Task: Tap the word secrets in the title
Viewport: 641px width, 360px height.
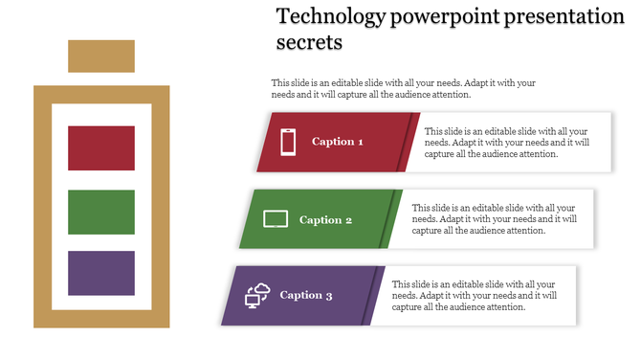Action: tap(309, 43)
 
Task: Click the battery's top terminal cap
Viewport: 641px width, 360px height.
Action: tap(101, 56)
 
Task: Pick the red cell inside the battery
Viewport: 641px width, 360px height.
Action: tap(101, 147)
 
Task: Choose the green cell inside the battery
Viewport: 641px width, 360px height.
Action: tap(101, 212)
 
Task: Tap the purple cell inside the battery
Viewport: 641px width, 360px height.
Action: tap(101, 273)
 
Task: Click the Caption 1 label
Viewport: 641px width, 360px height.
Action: tap(338, 142)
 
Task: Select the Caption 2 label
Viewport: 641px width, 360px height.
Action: tap(325, 220)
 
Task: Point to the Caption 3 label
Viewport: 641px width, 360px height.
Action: tap(306, 296)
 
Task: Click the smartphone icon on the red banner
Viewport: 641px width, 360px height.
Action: tap(288, 142)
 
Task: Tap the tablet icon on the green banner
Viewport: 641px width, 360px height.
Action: tap(276, 219)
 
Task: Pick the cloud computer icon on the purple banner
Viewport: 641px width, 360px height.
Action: tap(257, 296)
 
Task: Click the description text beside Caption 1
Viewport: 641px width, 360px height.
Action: tap(507, 143)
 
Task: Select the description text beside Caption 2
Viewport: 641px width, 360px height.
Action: tap(494, 219)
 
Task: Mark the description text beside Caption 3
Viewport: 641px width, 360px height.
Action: tap(475, 296)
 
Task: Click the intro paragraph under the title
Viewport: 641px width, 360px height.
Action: tap(403, 89)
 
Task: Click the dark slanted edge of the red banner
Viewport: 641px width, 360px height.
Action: tap(413, 142)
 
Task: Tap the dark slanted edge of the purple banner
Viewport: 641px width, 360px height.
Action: tap(378, 296)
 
